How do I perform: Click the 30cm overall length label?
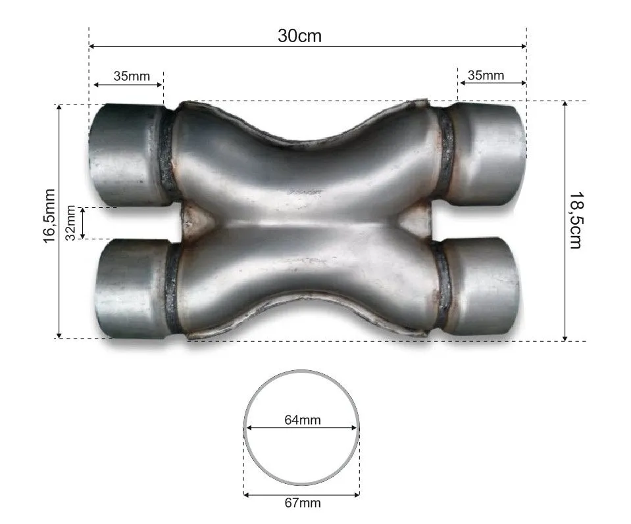coord(300,36)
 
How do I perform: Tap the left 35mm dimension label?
coord(132,76)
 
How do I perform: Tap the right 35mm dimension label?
coord(486,75)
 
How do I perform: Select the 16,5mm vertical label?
coord(49,216)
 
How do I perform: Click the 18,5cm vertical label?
coord(576,220)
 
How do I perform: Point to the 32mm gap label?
coord(71,223)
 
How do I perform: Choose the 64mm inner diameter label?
coord(303,420)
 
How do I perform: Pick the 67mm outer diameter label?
coord(303,503)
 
